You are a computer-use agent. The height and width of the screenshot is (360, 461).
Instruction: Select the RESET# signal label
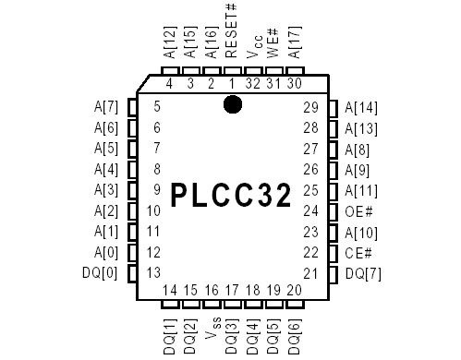pyautogui.click(x=232, y=31)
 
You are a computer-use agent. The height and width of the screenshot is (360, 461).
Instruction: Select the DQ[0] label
pyautogui.click(x=101, y=273)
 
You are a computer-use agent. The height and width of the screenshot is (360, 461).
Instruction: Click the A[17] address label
pyautogui.click(x=296, y=41)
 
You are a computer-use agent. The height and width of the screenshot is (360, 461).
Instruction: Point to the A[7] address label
pyautogui.click(x=105, y=107)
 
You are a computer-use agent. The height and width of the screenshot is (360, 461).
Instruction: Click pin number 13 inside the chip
pyautogui.click(x=153, y=273)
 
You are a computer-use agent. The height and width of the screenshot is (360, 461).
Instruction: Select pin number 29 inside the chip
pyautogui.click(x=309, y=107)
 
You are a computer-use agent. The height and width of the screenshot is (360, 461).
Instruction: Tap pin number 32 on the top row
pyautogui.click(x=253, y=84)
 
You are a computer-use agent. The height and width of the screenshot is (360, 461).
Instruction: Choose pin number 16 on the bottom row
pyautogui.click(x=212, y=292)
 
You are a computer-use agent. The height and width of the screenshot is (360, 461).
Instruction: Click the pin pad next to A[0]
pyautogui.click(x=133, y=252)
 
